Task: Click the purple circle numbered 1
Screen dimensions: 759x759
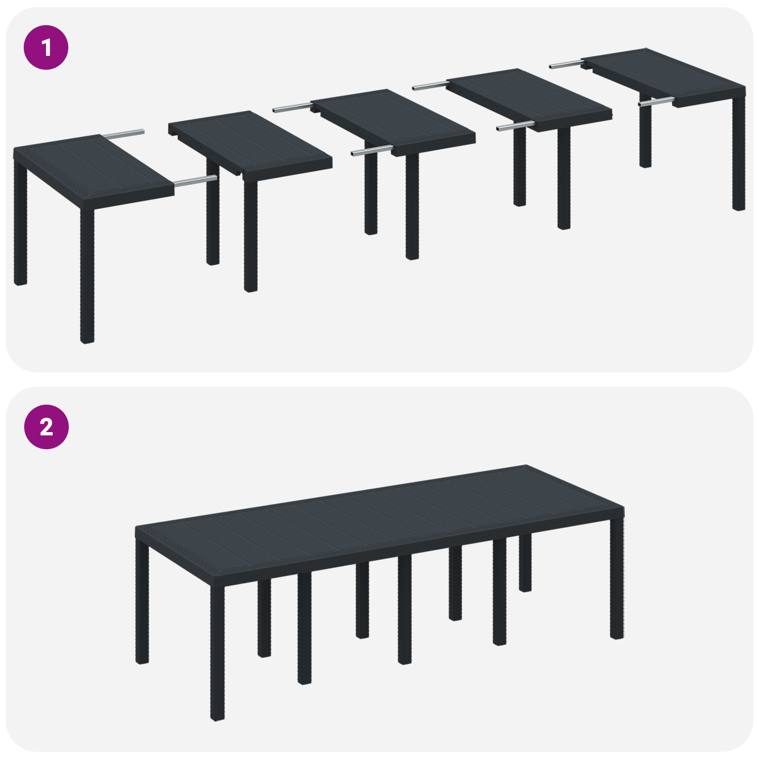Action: [46, 47]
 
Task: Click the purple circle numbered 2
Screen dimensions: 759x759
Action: [46, 427]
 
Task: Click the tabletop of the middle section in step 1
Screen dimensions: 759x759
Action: [394, 121]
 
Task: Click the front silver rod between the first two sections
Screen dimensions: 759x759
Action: [195, 181]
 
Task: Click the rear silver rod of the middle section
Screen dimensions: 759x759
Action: [292, 107]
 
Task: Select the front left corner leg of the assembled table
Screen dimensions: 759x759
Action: [217, 655]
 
